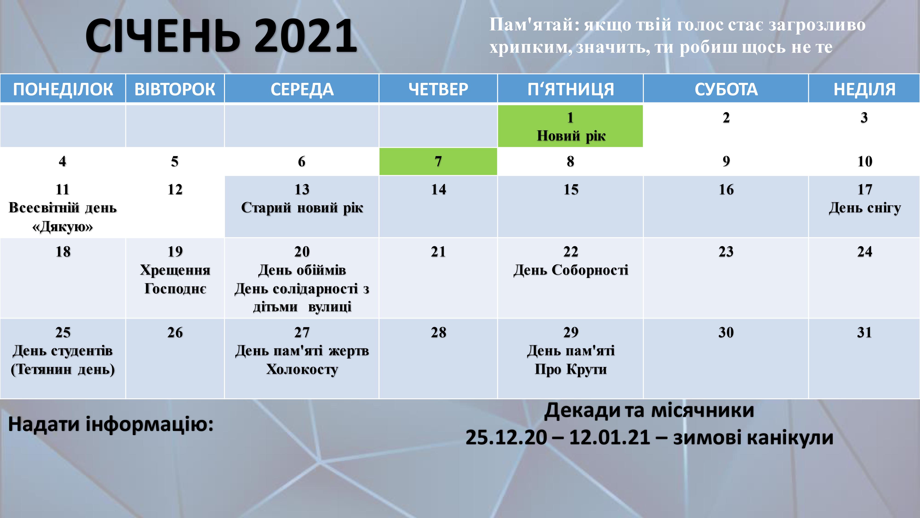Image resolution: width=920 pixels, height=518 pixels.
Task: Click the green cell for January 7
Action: pyautogui.click(x=438, y=162)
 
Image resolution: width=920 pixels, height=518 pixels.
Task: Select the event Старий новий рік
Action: pyautogui.click(x=302, y=208)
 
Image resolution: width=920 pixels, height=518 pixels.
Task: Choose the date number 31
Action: pyautogui.click(x=864, y=332)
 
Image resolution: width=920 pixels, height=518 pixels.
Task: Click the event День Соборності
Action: pyautogui.click(x=571, y=270)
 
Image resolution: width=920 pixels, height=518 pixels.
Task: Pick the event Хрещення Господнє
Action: pyautogui.click(x=175, y=279)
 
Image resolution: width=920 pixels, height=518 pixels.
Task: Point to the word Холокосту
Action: pyautogui.click(x=302, y=369)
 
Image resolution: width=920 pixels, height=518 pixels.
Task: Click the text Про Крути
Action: pyautogui.click(x=571, y=369)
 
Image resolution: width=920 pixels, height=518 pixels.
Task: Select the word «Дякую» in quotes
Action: pyautogui.click(x=63, y=227)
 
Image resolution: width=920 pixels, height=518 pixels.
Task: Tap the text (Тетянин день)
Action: pyautogui.click(x=63, y=369)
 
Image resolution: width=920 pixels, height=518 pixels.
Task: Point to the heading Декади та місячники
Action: pyautogui.click(x=649, y=410)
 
